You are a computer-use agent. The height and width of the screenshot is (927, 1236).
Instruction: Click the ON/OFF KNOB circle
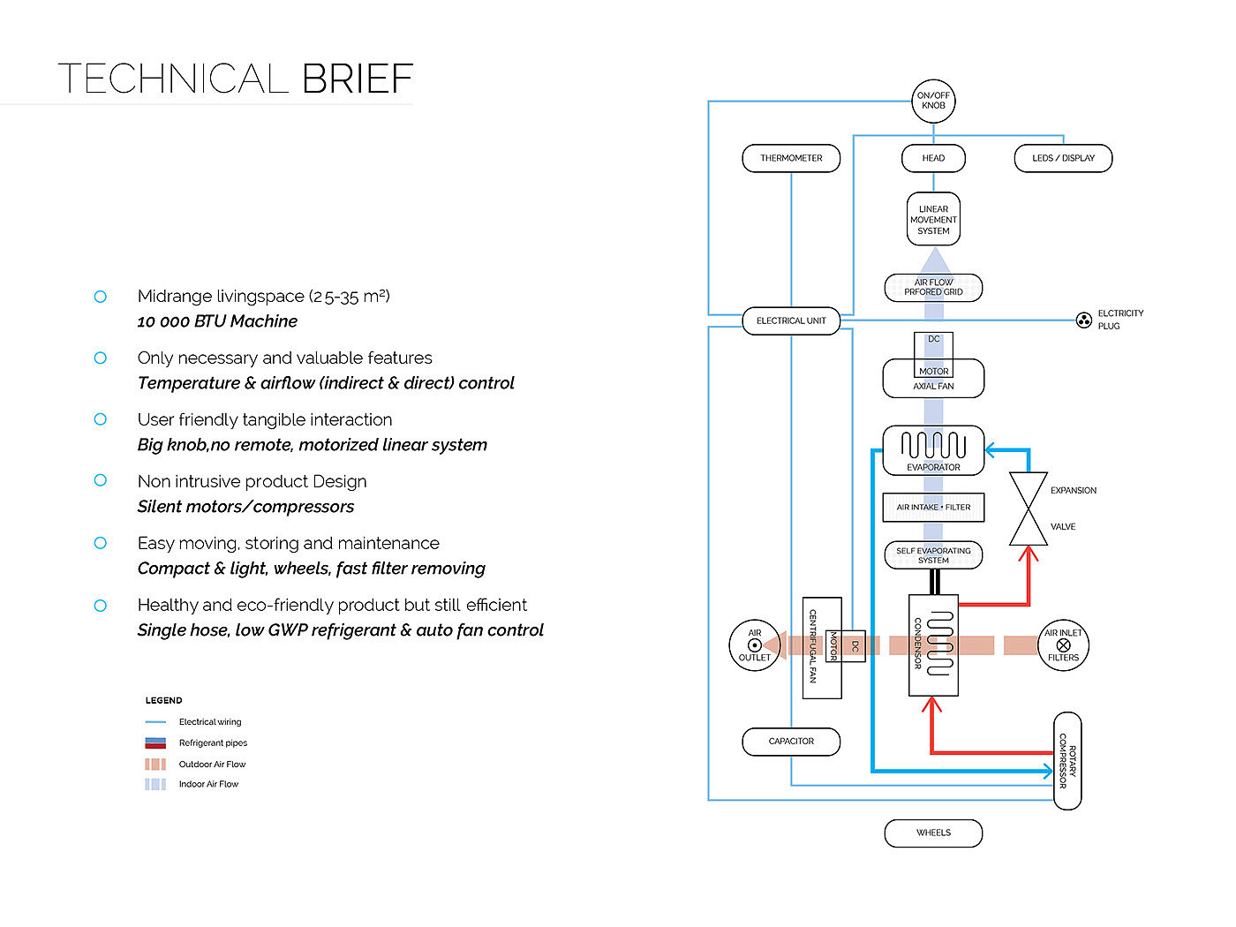pos(933,101)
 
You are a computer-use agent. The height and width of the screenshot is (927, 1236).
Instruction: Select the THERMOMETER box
pos(791,158)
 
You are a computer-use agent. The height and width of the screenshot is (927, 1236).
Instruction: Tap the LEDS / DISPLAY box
pos(1063,158)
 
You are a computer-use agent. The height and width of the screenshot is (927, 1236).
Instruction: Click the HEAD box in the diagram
pos(933,158)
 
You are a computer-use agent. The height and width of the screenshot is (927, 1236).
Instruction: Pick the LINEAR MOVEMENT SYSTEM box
pos(933,220)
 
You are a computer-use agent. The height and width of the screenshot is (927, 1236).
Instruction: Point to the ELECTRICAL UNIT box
pos(791,320)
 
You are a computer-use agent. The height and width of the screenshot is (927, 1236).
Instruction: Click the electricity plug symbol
pos(1083,320)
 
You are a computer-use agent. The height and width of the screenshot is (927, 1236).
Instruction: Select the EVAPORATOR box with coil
pos(933,450)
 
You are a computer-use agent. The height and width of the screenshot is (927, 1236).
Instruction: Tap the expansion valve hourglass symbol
pos(1028,509)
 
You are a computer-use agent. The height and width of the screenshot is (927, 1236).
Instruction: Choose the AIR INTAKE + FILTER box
pos(933,508)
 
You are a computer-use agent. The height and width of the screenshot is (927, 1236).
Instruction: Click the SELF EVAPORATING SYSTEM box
pos(933,555)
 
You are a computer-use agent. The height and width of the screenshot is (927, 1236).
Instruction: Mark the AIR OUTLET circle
pos(754,645)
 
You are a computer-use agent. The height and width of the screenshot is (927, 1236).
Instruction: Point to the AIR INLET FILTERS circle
pos(1063,645)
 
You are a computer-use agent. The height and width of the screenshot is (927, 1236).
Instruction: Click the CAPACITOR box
pos(791,742)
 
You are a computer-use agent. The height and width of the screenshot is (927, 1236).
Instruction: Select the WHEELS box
pos(933,833)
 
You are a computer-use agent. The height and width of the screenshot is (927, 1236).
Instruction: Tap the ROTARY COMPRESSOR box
pos(1067,760)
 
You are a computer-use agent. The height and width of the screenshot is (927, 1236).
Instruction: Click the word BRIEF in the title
pos(358,79)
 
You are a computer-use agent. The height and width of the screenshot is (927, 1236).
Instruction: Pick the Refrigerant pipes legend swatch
pos(155,742)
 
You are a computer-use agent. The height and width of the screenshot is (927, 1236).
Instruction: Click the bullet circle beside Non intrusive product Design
pos(101,480)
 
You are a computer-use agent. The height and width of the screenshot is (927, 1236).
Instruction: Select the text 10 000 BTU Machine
pos(217,321)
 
